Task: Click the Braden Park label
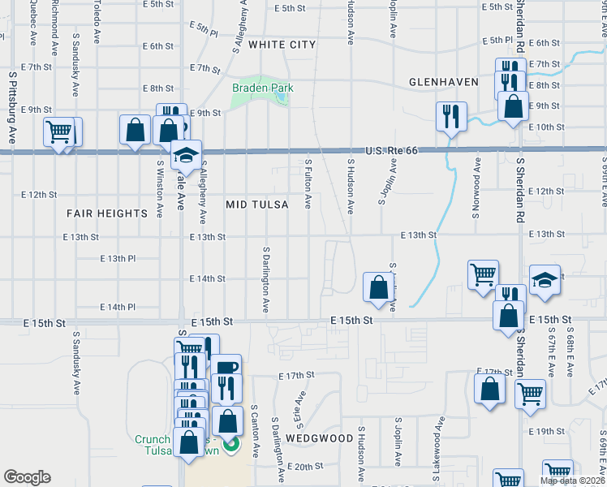click(262, 88)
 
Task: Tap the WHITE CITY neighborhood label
click(282, 44)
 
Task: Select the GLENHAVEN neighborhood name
click(441, 82)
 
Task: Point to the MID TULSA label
click(257, 205)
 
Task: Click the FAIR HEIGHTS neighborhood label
click(108, 213)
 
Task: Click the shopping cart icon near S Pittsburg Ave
click(59, 131)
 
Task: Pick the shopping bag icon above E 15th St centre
click(378, 287)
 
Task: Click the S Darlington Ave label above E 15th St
click(266, 278)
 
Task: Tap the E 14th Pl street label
click(117, 307)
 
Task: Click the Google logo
click(27, 477)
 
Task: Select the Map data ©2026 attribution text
click(572, 481)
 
